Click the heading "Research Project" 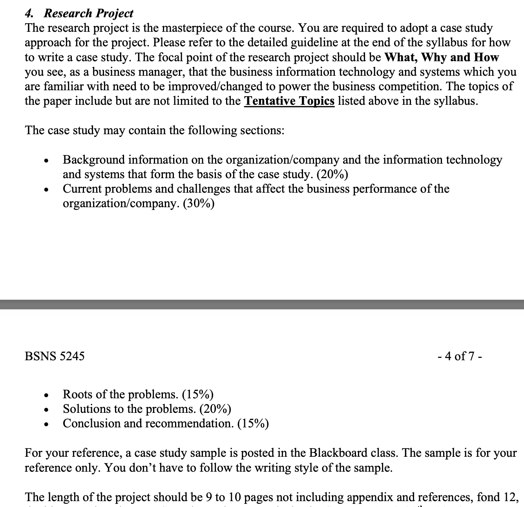pos(88,13)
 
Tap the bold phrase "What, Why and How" pos(441,57)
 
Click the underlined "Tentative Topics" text pos(289,101)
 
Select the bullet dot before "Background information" pos(46,161)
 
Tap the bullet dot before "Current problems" pos(46,190)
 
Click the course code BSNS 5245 pos(55,356)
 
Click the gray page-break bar pos(262,305)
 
